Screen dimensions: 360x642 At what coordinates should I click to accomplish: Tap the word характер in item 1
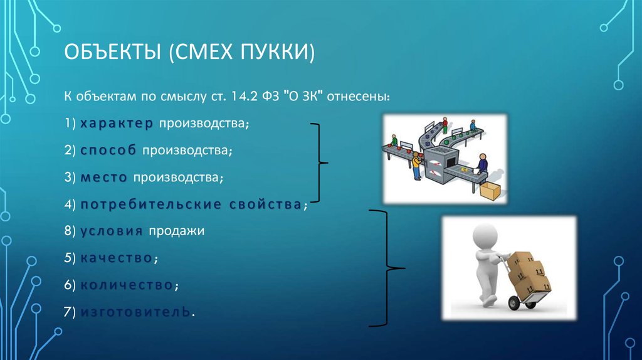pos(117,124)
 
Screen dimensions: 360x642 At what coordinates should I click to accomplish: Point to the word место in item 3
pos(104,178)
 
